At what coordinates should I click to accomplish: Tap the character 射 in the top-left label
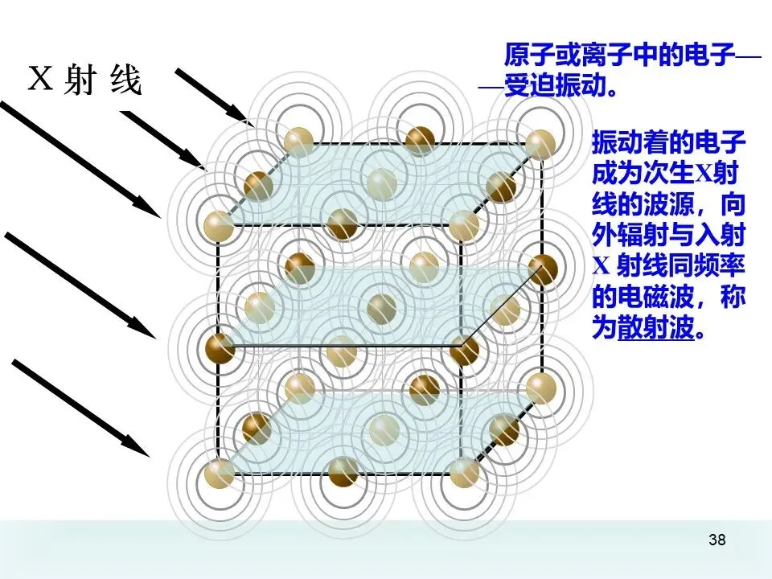coord(80,80)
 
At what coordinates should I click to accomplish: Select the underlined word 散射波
coord(655,329)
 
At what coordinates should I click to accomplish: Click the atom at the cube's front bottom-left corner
coord(219,472)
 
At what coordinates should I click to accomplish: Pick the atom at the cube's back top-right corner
coord(540,142)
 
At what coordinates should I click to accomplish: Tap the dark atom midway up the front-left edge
coord(219,348)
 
